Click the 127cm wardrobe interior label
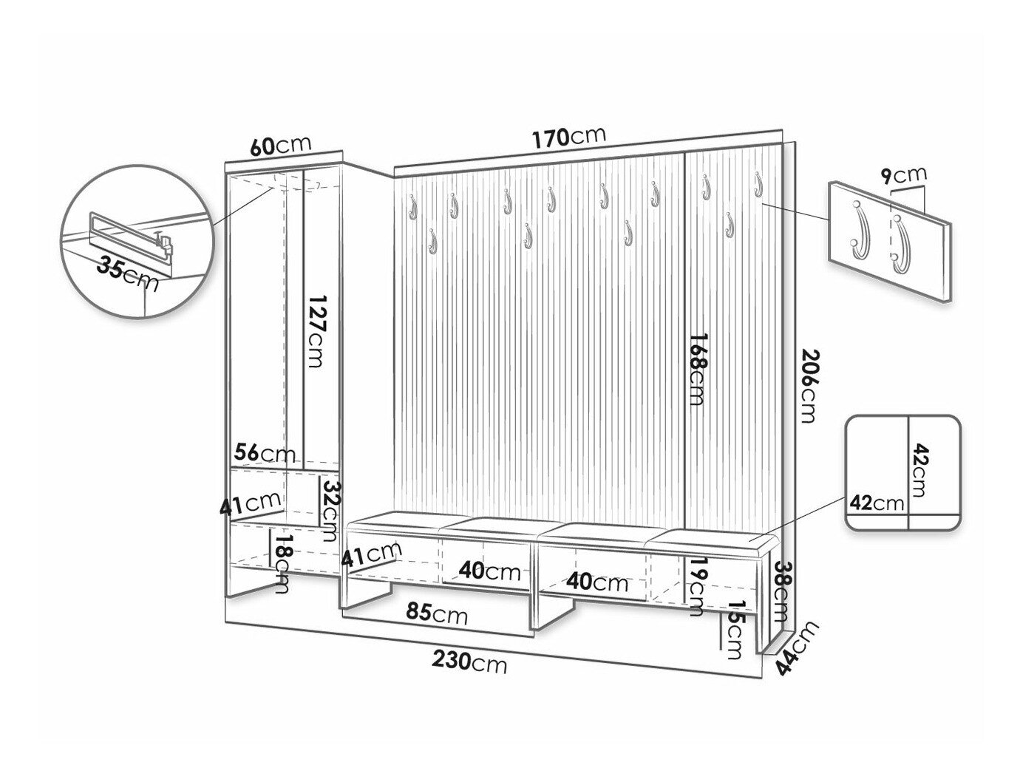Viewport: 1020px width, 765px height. pyautogui.click(x=316, y=333)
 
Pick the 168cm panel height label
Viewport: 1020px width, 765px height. pyautogui.click(x=697, y=368)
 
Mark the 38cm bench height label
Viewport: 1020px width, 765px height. pyautogui.click(x=783, y=591)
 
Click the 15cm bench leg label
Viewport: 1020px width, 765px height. pyautogui.click(x=732, y=629)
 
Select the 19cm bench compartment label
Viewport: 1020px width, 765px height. pyautogui.click(x=696, y=588)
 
